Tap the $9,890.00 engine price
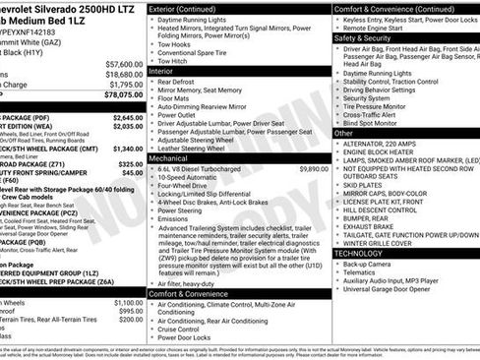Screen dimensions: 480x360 312,168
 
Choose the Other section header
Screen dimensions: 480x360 344,132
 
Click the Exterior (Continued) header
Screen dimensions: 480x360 189,8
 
